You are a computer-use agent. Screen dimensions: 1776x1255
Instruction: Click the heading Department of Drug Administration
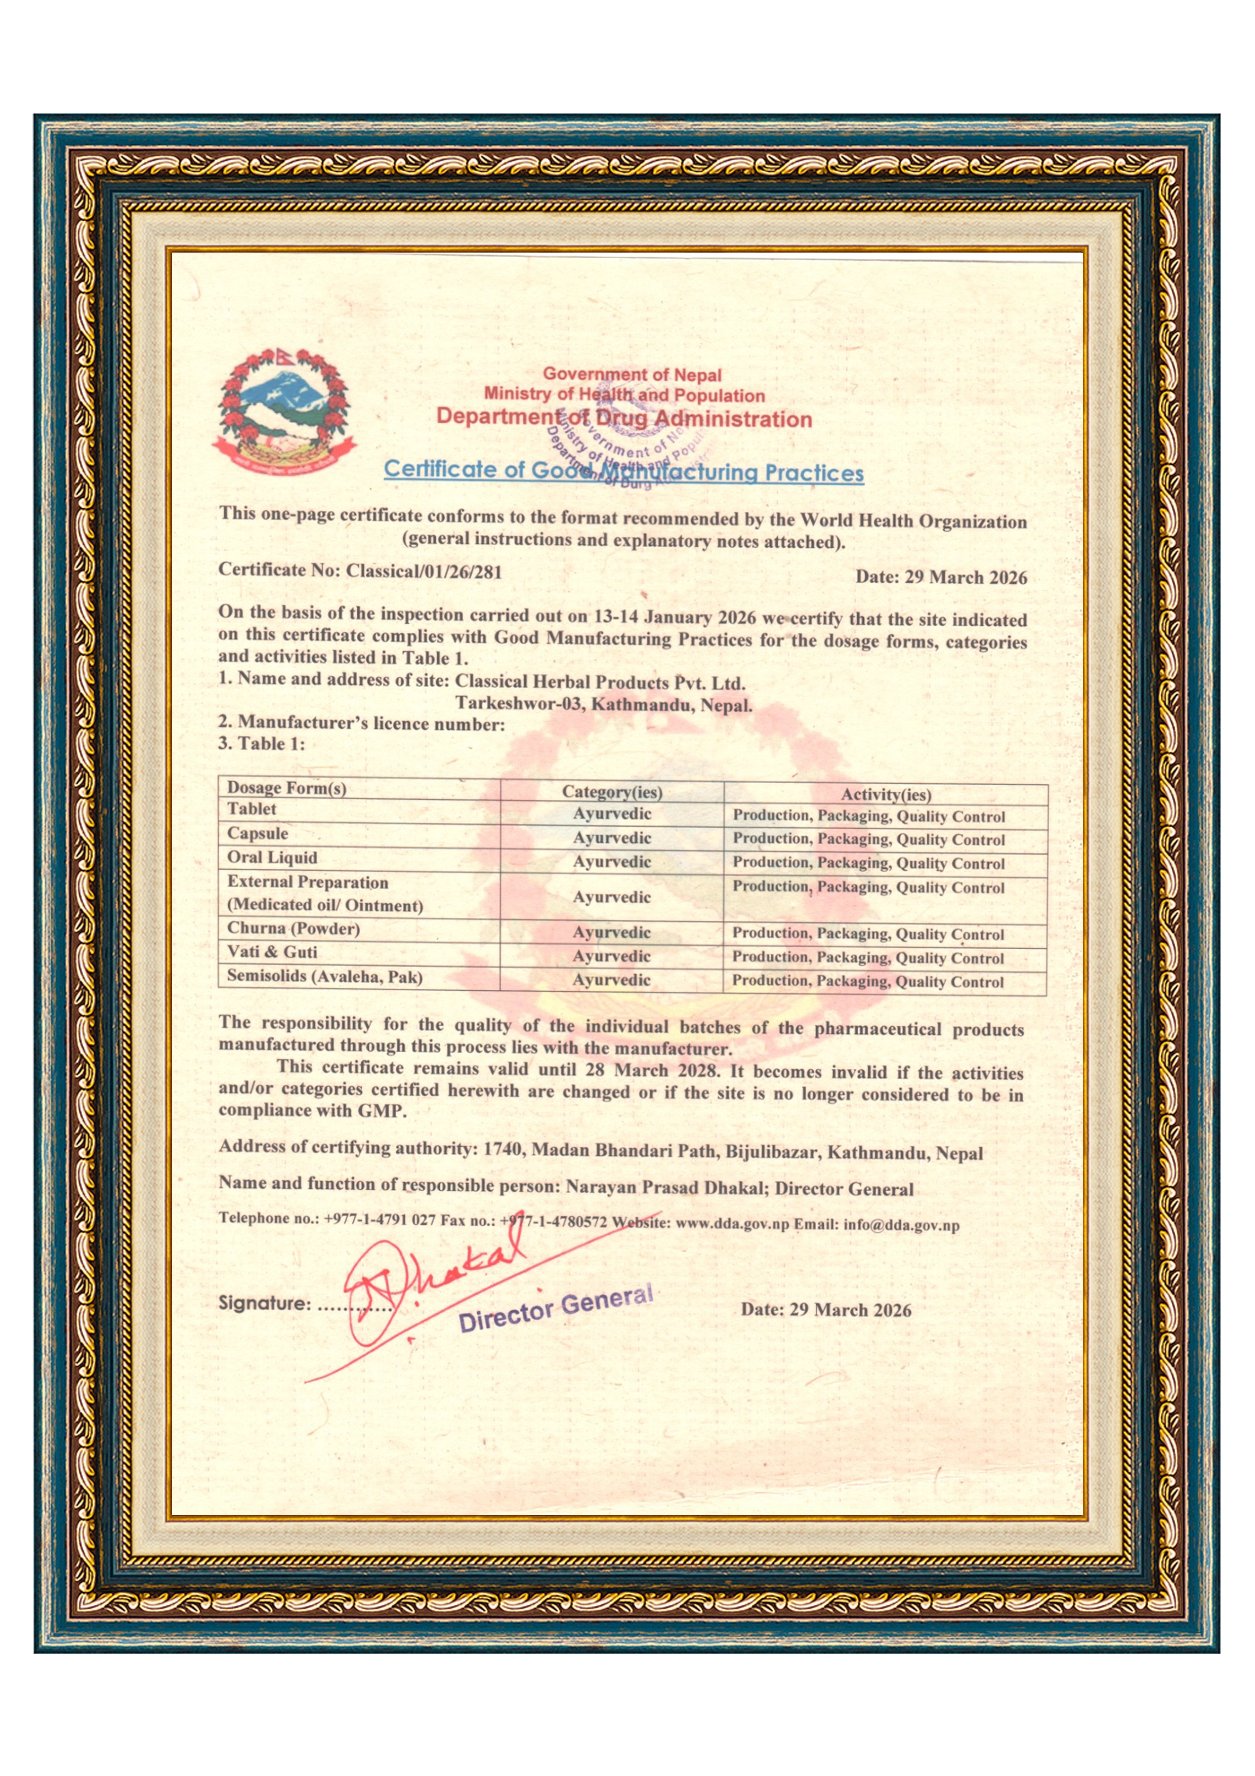tap(623, 419)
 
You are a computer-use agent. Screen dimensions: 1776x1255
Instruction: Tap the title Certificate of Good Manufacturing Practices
tap(623, 470)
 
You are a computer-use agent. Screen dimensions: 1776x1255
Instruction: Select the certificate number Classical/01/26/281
tap(424, 572)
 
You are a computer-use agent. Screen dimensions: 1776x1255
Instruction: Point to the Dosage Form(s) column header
tap(286, 787)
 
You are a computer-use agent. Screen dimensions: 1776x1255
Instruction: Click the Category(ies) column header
tap(612, 791)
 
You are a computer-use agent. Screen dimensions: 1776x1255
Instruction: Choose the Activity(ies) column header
tap(886, 794)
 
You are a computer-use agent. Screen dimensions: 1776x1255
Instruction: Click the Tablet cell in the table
tap(252, 809)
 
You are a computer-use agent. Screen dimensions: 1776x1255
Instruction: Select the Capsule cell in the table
tap(258, 833)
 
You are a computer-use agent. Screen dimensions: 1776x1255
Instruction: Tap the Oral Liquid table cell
tap(272, 857)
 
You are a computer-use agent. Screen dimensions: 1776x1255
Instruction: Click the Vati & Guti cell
tap(272, 952)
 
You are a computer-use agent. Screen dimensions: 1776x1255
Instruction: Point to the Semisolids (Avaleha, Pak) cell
tap(325, 976)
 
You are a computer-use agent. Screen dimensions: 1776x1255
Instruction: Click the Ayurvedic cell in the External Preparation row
tap(612, 897)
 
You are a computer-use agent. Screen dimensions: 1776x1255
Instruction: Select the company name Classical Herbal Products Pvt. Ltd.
tap(600, 683)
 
